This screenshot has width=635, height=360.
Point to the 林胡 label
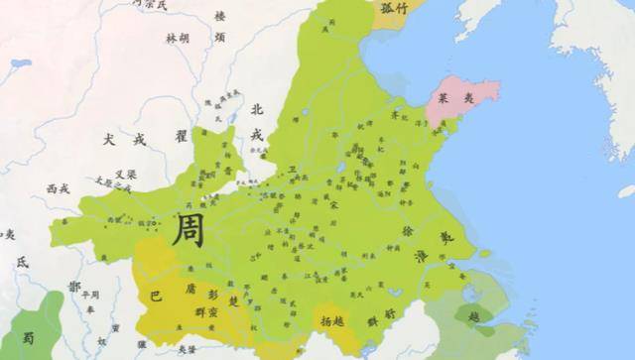click(178, 39)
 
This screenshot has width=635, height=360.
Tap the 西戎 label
click(58, 187)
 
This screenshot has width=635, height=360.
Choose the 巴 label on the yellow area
click(155, 296)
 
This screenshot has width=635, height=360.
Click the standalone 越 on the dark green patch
click(473, 317)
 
